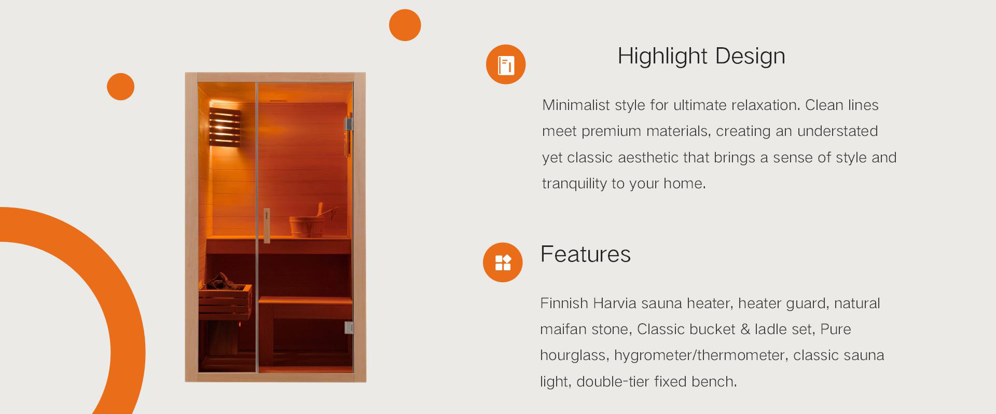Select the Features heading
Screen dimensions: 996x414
point(585,254)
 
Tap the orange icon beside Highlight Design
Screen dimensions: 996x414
point(506,64)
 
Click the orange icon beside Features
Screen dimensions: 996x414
point(503,263)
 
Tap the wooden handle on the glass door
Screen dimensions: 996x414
point(267,226)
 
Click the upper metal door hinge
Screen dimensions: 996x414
point(349,124)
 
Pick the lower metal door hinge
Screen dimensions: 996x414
point(349,327)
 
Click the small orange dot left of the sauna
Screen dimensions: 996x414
point(120,87)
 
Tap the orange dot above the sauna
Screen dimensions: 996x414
point(405,25)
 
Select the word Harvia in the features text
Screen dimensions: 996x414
point(615,303)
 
